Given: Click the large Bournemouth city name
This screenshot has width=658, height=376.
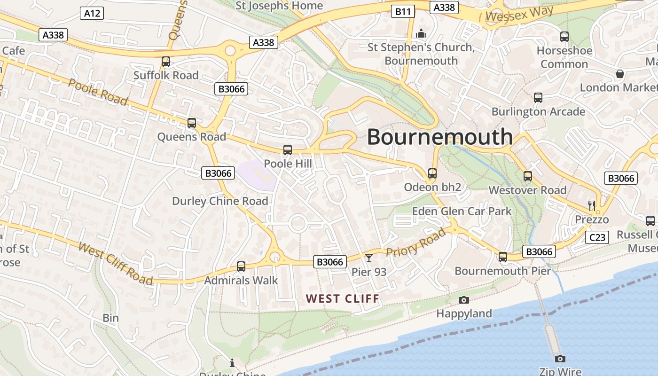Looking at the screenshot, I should tap(439, 137).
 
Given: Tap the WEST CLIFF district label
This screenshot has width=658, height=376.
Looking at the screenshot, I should tap(342, 298).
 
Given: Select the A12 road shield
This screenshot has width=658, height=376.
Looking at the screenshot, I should tap(92, 13).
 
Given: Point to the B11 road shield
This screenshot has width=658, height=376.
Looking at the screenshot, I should tap(403, 11).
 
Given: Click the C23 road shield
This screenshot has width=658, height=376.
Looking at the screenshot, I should tap(597, 237).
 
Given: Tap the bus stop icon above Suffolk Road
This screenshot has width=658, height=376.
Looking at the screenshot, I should tap(165, 61).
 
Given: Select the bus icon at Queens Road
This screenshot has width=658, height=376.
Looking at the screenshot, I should tap(191, 123).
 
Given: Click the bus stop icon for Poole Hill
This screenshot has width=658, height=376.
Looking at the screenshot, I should tap(287, 150).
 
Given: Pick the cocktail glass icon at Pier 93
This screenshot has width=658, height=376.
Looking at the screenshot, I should tap(369, 258).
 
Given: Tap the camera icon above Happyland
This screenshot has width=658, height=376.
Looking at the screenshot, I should tap(463, 300).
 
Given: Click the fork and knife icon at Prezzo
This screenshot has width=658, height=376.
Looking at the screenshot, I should tap(592, 205).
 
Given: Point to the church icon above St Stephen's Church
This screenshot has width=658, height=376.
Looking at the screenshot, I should tap(421, 33).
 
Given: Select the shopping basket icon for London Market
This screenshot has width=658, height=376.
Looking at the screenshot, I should tap(620, 73).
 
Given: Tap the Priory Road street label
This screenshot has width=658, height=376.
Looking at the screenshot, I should tap(415, 243).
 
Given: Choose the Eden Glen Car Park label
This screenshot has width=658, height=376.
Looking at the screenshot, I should tap(462, 211).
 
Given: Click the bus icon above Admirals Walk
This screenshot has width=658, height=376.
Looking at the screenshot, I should tap(241, 266).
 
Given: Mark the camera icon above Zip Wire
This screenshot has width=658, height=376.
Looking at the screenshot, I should tap(560, 359).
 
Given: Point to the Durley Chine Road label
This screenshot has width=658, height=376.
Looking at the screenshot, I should tap(220, 201).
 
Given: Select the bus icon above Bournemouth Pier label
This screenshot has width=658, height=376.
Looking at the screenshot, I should tap(502, 257).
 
